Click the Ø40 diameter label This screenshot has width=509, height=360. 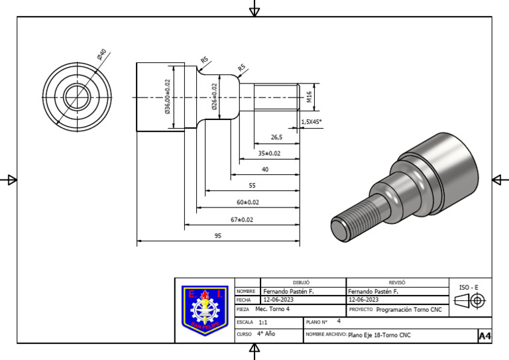101,54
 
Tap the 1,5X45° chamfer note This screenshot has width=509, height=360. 311,122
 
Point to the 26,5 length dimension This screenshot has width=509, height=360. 276,137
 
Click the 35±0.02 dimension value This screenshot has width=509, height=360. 269,153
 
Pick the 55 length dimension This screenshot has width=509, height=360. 252,186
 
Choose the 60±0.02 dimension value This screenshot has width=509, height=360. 248,202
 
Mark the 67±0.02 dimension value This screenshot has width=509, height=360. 242,219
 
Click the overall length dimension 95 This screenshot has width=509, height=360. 217,236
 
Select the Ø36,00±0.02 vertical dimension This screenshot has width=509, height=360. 168,97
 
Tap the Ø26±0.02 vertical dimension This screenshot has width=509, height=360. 214,97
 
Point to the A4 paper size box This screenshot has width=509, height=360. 484,336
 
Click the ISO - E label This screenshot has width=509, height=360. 469,287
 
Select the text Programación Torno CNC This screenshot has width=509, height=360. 408,310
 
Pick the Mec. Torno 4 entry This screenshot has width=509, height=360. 272,310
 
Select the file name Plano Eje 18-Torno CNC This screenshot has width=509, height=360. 379,335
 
